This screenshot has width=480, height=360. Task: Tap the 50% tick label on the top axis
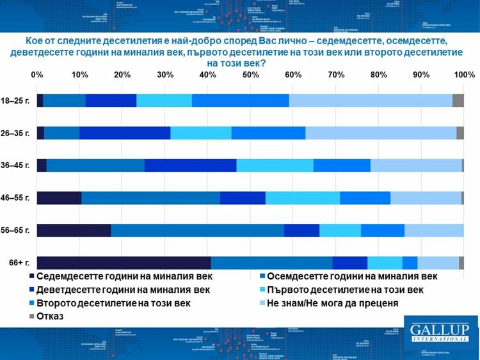click(250, 75)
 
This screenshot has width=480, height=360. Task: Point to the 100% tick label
click(463, 75)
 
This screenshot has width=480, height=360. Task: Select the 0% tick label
click(37, 75)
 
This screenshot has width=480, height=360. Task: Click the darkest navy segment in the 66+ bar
click(124, 263)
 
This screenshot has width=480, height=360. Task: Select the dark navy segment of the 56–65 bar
click(74, 230)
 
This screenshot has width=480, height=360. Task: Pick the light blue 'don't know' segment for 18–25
click(371, 100)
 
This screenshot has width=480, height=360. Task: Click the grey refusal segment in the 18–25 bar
click(458, 100)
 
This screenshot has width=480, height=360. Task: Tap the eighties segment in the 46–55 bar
click(150, 198)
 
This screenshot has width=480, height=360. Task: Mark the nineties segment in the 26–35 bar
click(125, 133)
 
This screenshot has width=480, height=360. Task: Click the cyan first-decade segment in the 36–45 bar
click(275, 166)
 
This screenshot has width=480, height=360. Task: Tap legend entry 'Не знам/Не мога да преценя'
click(333, 302)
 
